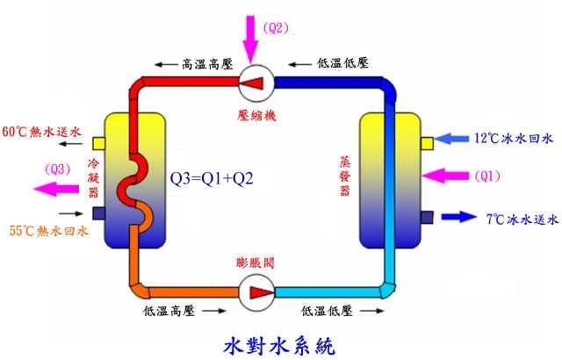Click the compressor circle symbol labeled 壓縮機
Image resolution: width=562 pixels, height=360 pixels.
257,83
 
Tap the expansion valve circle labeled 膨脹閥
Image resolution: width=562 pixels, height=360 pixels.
257,291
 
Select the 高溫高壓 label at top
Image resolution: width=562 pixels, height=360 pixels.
204,63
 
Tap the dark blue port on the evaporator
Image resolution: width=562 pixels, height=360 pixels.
428,216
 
